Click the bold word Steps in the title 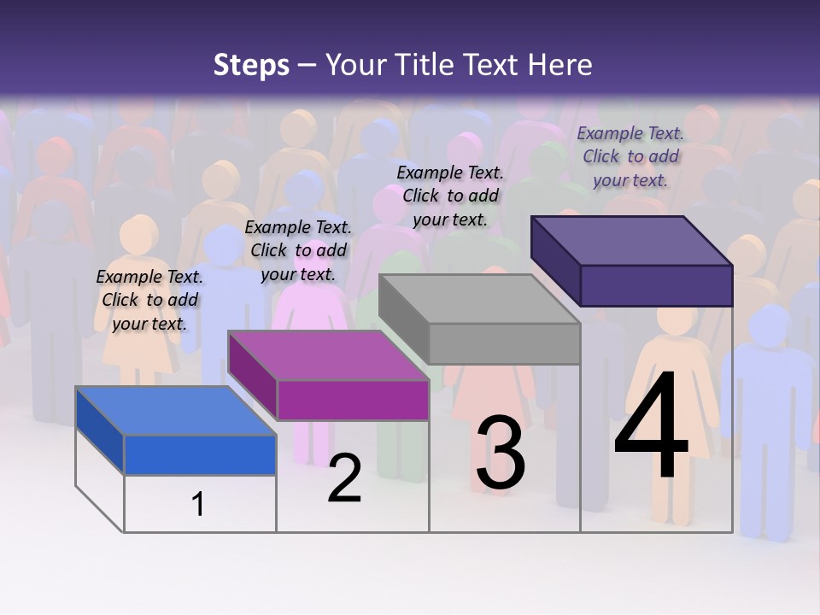click(251, 65)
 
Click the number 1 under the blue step click(198, 504)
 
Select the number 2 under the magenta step click(344, 478)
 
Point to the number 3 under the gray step click(501, 453)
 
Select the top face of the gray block click(479, 299)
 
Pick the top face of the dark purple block click(631, 241)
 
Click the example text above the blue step click(149, 300)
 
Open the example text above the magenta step click(298, 250)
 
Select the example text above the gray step click(450, 196)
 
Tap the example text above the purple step click(630, 156)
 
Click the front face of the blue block click(200, 454)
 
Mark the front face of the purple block click(656, 285)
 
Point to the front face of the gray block click(504, 343)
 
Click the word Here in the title click(560, 65)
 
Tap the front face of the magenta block click(353, 400)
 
